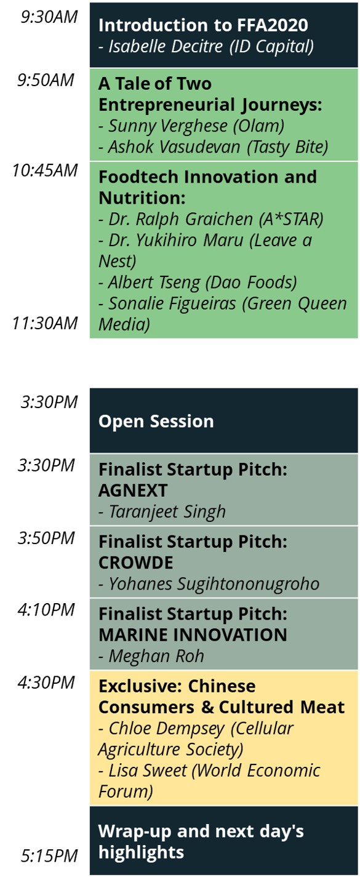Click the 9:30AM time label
point(49,17)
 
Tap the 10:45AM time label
point(45,170)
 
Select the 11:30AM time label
point(45,323)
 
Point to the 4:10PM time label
point(46,610)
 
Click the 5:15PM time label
point(49,856)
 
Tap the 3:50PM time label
point(46,537)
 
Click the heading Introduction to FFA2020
point(203,25)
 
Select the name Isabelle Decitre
point(166,47)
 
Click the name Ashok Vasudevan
point(174,147)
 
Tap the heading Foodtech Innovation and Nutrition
point(207,187)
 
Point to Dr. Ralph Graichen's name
point(180,219)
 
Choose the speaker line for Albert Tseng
point(198,282)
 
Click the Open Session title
point(156,422)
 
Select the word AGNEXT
point(133,491)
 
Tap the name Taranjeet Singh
point(167,511)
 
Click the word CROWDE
point(136,563)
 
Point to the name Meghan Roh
point(156,656)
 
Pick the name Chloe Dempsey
point(166,729)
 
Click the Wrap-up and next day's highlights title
point(201,842)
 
